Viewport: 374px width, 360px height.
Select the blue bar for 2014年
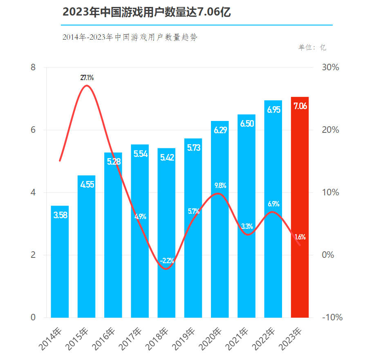tap(60, 262)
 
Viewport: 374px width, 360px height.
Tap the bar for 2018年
tap(166, 233)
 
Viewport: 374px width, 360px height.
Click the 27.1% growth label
tap(87, 78)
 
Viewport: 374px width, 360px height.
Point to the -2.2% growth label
tap(167, 260)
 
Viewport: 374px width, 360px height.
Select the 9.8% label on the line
tap(220, 186)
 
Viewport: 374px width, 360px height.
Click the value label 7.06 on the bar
tap(300, 107)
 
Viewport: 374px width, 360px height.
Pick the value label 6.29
tap(220, 130)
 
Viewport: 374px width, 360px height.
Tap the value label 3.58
tap(60, 215)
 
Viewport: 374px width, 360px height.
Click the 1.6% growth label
tap(300, 237)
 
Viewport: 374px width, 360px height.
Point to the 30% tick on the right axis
tap(330, 68)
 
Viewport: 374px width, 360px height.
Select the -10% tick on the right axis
tap(332, 318)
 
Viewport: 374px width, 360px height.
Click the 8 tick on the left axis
tap(34, 68)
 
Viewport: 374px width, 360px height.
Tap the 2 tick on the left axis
tap(34, 255)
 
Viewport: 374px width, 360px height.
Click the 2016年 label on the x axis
tap(104, 338)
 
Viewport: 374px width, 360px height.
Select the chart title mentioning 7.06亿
tap(147, 12)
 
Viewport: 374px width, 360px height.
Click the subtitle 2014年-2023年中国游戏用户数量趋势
tap(130, 37)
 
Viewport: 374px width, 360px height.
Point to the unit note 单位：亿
tap(312, 47)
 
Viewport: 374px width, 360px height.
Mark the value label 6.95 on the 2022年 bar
tap(273, 110)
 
